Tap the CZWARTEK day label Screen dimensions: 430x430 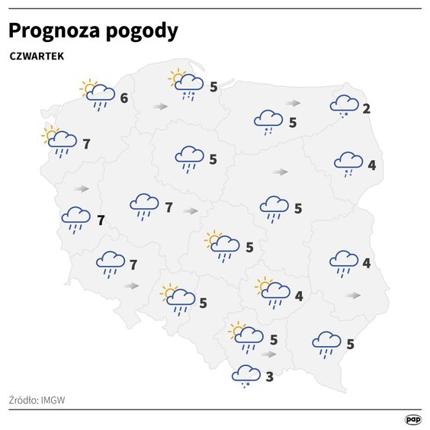pyautogui.click(x=37, y=56)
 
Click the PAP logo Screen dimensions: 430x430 pyautogui.click(x=412, y=419)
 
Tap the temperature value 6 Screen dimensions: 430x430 pyautogui.click(x=124, y=98)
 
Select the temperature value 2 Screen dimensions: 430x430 pyautogui.click(x=367, y=108)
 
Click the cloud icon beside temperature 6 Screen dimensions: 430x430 pyautogui.click(x=99, y=95)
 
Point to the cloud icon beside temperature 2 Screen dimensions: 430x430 pyautogui.click(x=345, y=104)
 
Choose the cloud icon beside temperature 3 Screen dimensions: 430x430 pyautogui.click(x=246, y=374)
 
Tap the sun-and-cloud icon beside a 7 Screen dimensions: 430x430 pyautogui.click(x=59, y=140)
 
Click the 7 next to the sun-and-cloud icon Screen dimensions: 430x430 pyautogui.click(x=86, y=143)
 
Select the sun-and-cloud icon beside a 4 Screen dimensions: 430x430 pyautogui.click(x=273, y=291)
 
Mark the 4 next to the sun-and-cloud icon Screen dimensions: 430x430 pyautogui.click(x=299, y=296)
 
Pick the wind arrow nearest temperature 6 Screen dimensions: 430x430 pyautogui.click(x=159, y=107)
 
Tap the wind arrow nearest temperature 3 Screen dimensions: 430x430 pyautogui.click(x=268, y=354)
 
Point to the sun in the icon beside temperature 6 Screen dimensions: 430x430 pyautogui.click(x=88, y=87)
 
